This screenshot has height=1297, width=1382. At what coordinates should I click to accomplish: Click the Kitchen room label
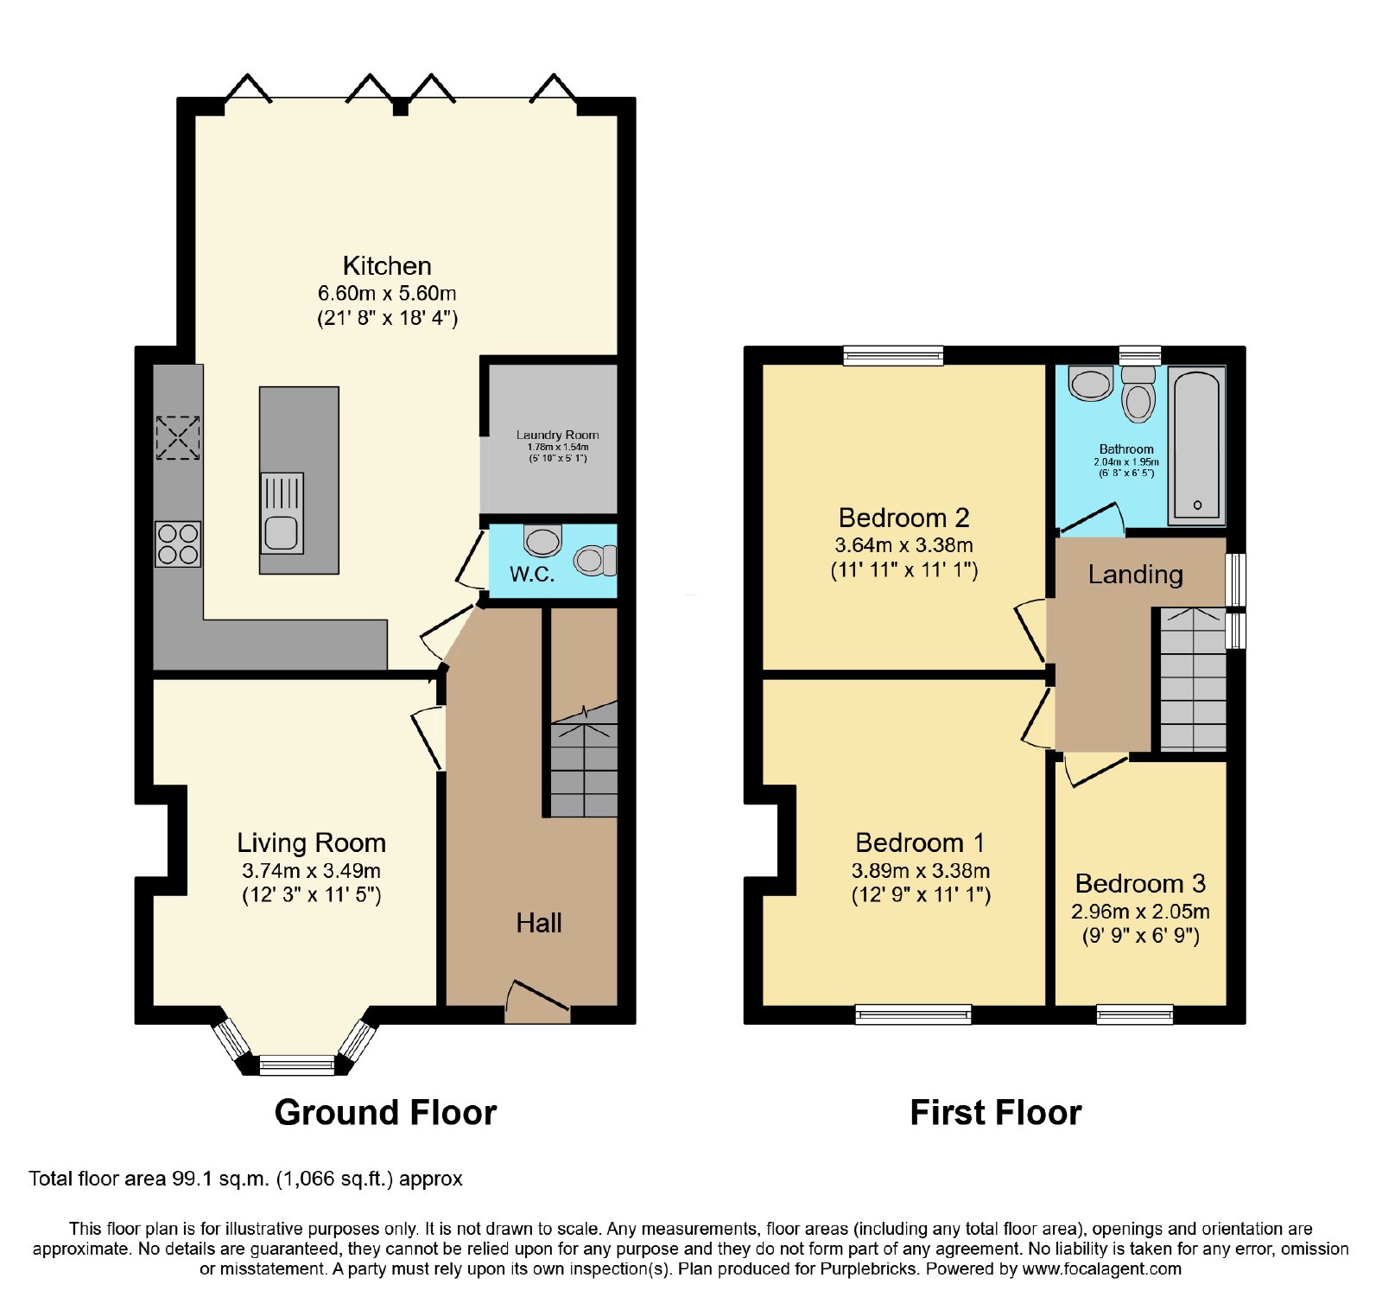tap(387, 265)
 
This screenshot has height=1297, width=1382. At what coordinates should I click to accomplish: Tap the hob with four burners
tap(178, 544)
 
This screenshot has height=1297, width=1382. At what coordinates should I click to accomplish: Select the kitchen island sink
tap(282, 513)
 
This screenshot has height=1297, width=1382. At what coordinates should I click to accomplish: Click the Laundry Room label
tap(557, 435)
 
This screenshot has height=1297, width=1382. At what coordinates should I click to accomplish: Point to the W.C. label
tap(532, 575)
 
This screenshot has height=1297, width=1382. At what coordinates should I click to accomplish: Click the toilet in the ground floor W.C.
tap(596, 560)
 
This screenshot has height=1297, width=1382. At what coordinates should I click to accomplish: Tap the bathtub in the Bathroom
tap(1197, 446)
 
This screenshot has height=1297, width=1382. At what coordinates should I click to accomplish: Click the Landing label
tap(1135, 575)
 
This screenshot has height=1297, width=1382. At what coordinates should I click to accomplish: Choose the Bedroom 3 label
tap(1140, 883)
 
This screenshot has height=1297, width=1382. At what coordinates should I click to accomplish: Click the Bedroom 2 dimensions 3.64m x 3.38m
tap(903, 545)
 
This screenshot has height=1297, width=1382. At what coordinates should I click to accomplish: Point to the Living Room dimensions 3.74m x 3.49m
tap(311, 871)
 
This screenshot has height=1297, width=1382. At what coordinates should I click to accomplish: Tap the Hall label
tap(539, 923)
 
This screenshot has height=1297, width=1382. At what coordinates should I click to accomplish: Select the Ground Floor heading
tap(385, 1112)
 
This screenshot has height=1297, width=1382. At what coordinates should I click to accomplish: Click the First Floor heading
tap(996, 1112)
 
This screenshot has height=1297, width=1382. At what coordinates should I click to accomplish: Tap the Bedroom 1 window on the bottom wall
tap(913, 1014)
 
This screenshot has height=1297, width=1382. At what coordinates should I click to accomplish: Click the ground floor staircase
tap(584, 759)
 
